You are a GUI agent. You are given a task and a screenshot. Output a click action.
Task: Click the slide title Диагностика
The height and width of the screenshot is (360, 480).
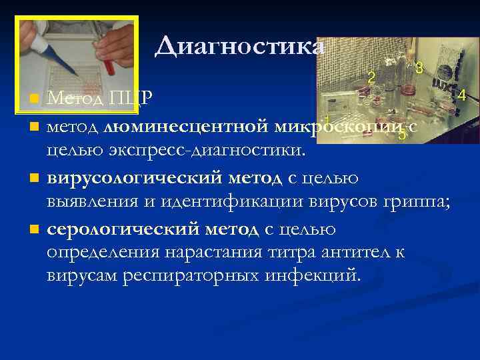[x=240, y=47]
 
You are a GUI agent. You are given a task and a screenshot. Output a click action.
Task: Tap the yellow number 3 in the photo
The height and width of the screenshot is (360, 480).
[x=419, y=67]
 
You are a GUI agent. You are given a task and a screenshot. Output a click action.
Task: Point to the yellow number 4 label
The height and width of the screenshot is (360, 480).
[x=461, y=95]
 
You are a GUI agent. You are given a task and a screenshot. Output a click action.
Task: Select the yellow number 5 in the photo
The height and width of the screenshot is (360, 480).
[x=401, y=134]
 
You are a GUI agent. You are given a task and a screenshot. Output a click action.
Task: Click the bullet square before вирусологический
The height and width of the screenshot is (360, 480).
[x=34, y=179]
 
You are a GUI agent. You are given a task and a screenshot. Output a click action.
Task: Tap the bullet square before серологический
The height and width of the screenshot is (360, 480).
[x=34, y=231]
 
